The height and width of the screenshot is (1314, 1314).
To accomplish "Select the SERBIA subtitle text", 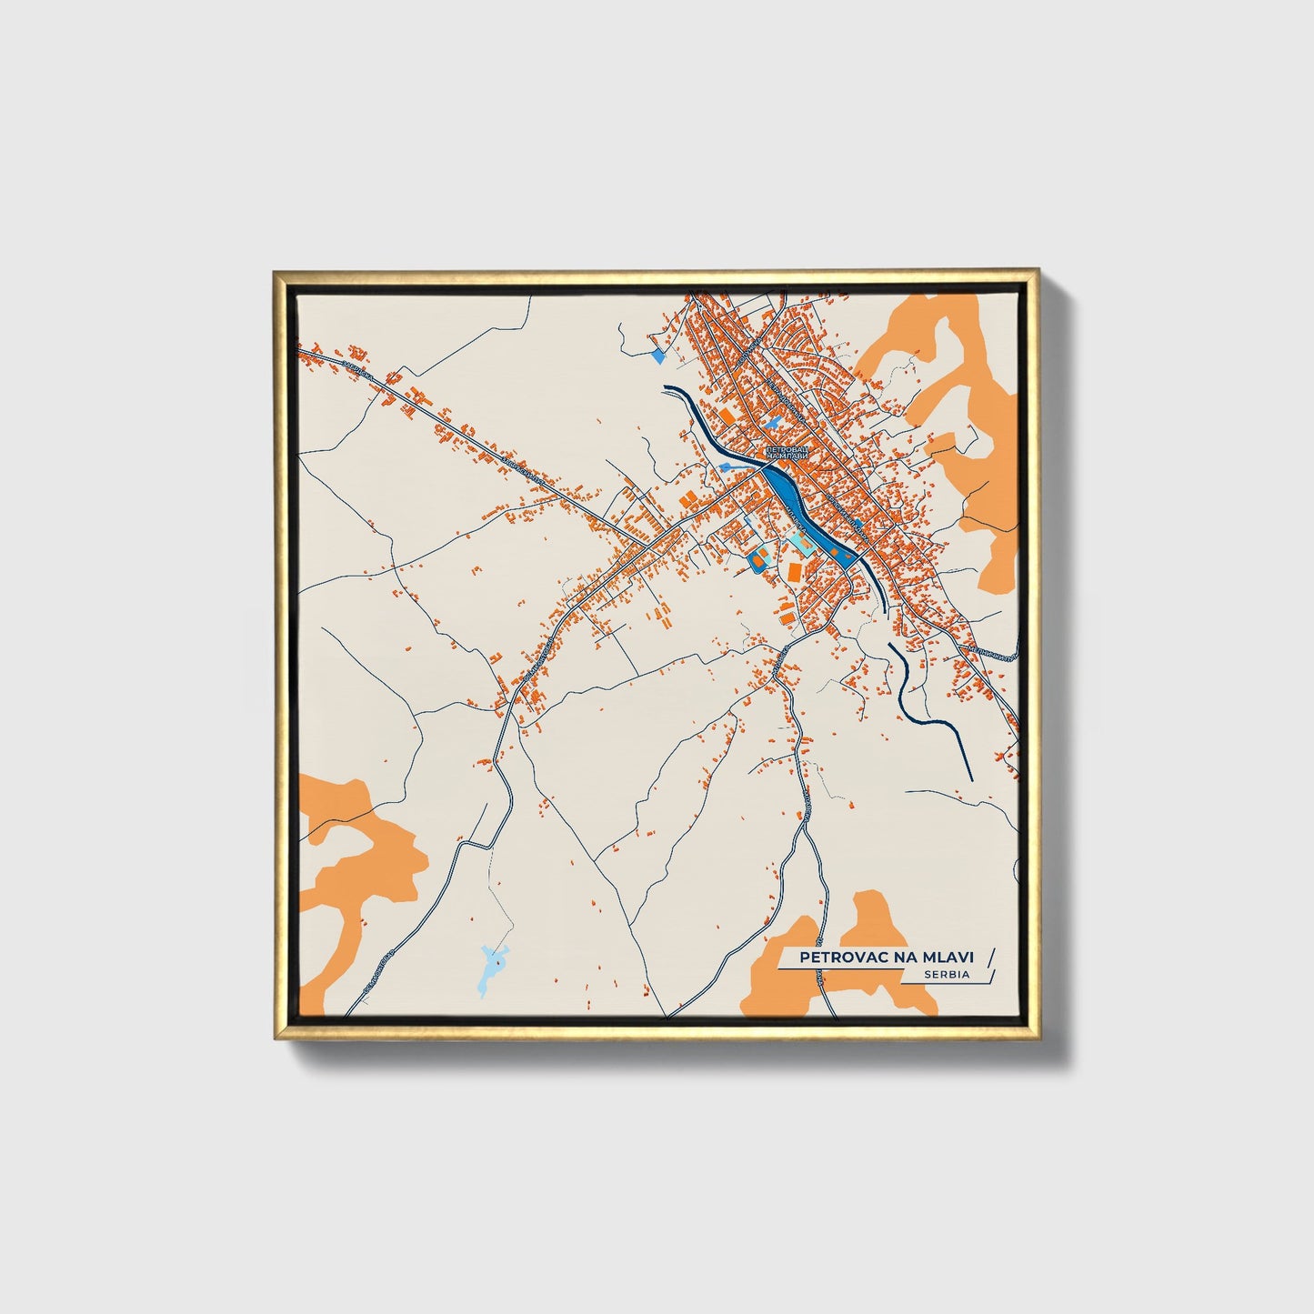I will coord(946,974).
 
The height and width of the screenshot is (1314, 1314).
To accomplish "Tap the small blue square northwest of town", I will coord(657,356).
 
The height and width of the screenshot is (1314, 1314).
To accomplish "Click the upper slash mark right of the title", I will coord(990,956).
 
